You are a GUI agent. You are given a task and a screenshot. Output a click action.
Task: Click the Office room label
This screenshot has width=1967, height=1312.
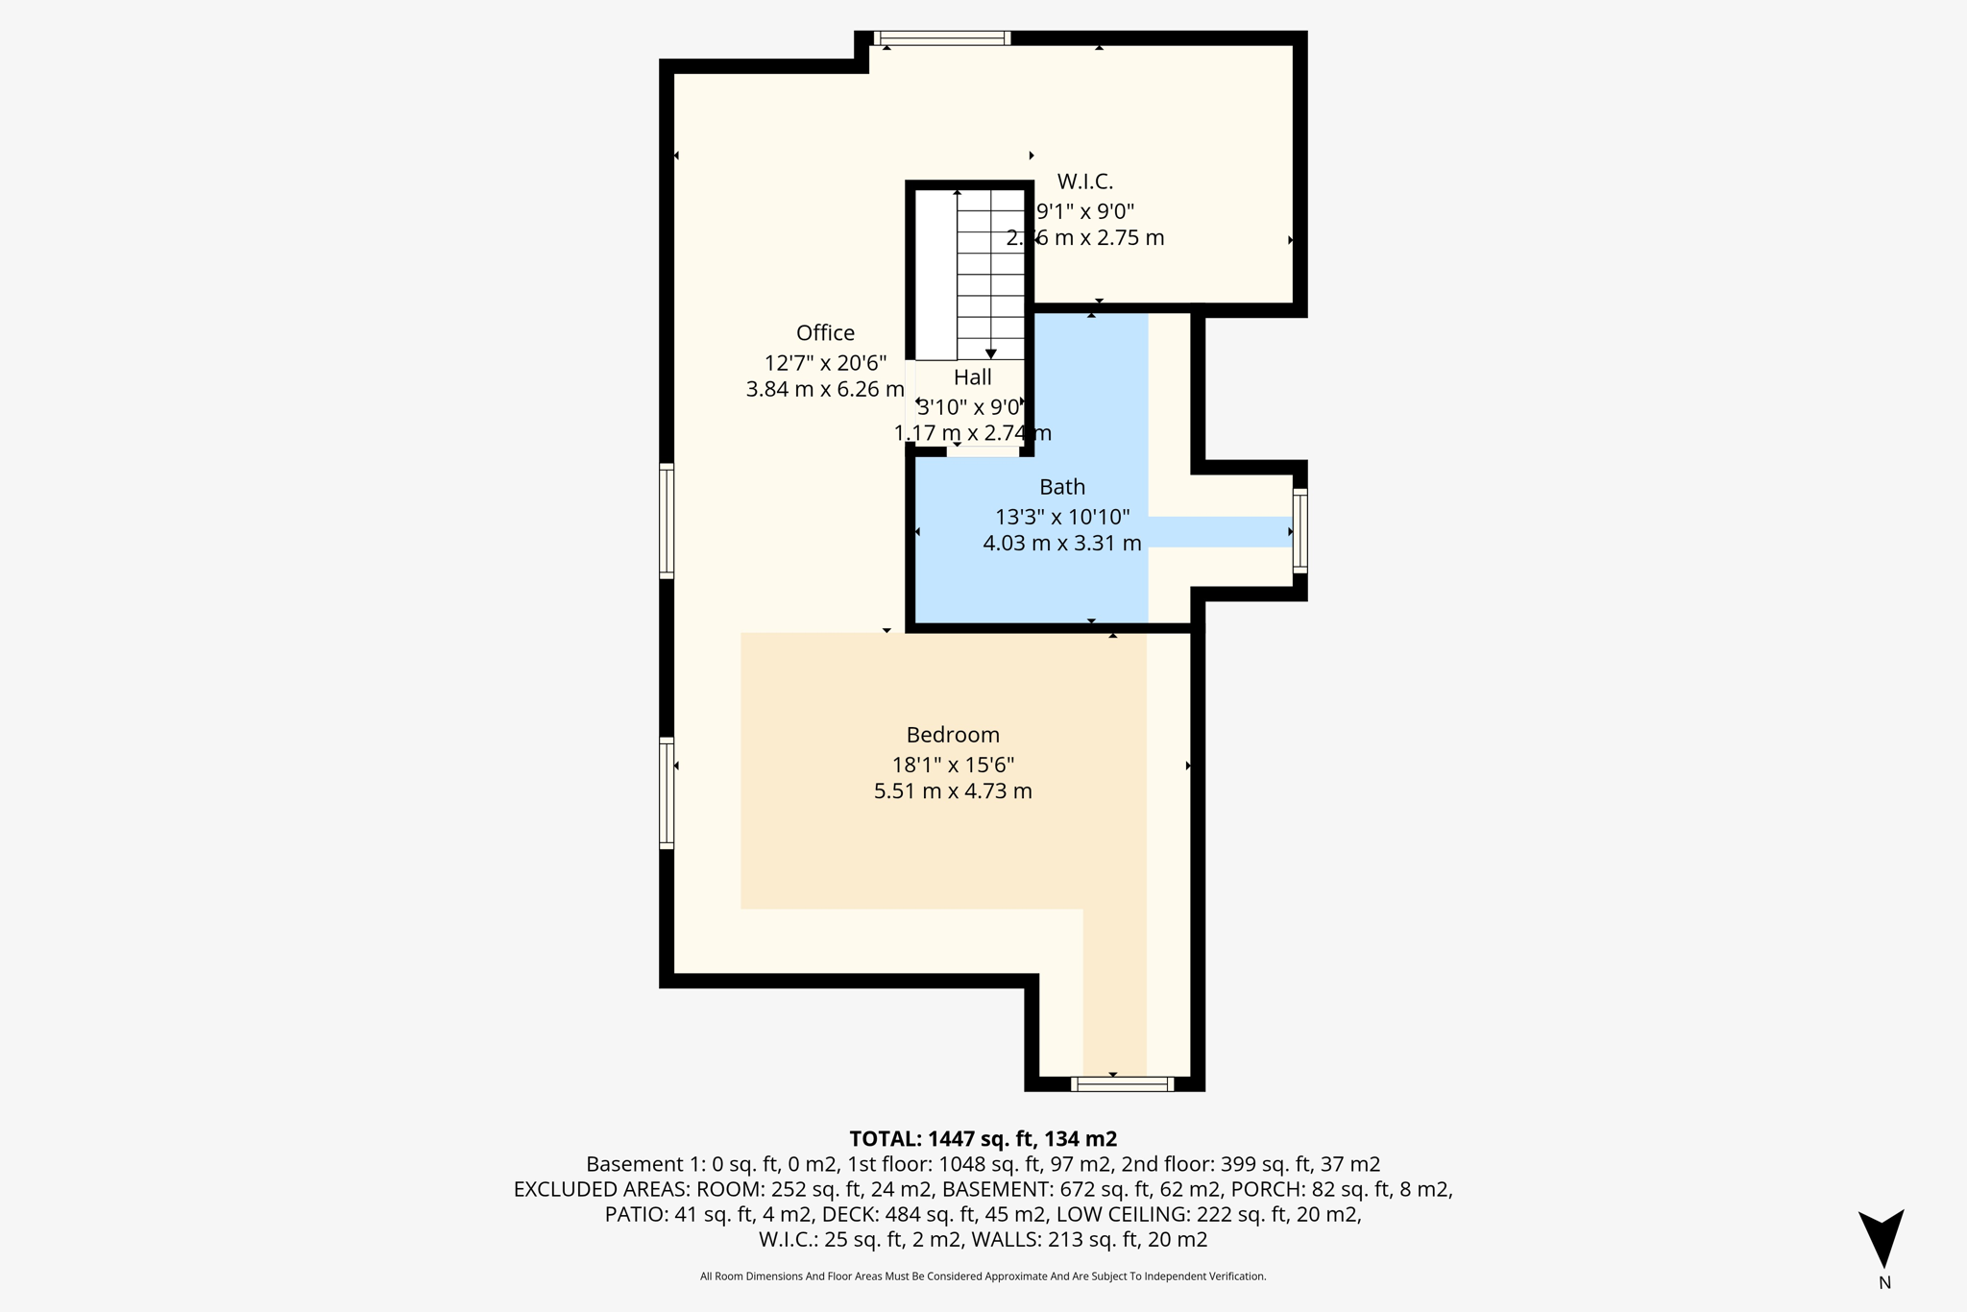(x=825, y=332)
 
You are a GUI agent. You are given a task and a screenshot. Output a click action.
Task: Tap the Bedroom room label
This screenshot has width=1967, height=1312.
(x=953, y=735)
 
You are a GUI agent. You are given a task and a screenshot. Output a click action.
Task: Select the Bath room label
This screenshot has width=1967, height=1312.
(x=1062, y=487)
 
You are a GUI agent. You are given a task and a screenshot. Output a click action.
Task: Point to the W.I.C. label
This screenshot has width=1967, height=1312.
(x=1085, y=182)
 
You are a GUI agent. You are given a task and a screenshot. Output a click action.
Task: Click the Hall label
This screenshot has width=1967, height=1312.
(x=972, y=377)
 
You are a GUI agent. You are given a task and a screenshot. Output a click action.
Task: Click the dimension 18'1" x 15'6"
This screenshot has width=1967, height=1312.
(x=953, y=765)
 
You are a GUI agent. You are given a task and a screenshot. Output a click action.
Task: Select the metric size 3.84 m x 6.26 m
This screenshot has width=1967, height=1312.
(x=825, y=389)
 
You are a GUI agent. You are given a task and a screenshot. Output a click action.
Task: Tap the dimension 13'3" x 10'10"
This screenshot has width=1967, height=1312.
(x=1062, y=517)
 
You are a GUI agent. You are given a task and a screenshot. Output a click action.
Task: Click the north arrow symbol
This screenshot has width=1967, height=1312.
(x=1881, y=1238)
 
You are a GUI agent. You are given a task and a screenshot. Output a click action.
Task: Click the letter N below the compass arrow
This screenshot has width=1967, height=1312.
(x=1884, y=1283)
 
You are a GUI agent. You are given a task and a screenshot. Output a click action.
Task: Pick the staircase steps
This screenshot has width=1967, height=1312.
(x=990, y=274)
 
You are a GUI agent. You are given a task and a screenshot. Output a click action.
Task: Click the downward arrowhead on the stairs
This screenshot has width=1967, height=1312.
(x=991, y=354)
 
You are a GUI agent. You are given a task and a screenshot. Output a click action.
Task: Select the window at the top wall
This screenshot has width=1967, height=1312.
(x=941, y=38)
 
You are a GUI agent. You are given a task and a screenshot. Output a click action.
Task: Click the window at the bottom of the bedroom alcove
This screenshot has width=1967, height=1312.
(x=1122, y=1084)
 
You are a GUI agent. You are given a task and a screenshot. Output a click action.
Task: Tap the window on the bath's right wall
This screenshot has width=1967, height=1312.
(x=1299, y=531)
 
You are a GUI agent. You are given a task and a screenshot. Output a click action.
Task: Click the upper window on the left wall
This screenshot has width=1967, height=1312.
(x=667, y=521)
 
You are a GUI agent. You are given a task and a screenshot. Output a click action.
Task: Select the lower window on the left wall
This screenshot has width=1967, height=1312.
(x=667, y=793)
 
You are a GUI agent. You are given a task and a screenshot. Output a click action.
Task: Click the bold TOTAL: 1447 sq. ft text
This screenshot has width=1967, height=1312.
(x=983, y=1139)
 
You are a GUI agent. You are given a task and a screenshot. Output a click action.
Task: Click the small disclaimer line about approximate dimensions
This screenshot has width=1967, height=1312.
(x=983, y=1276)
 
